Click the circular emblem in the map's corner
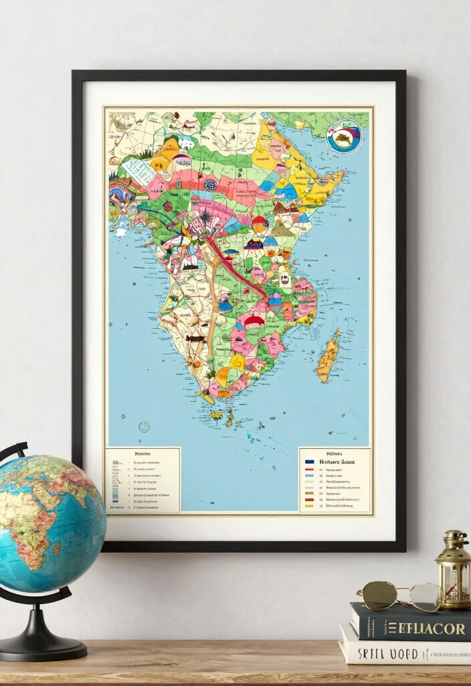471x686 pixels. click(x=344, y=137)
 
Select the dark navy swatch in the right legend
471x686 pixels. click(x=309, y=462)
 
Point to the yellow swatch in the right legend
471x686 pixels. click(x=309, y=506)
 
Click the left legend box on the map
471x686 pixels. click(x=143, y=480)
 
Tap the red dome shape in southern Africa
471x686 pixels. click(x=254, y=322)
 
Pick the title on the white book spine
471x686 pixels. click(x=388, y=653)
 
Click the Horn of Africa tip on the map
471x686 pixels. click(x=342, y=176)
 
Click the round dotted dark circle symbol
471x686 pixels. click(x=209, y=186)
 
